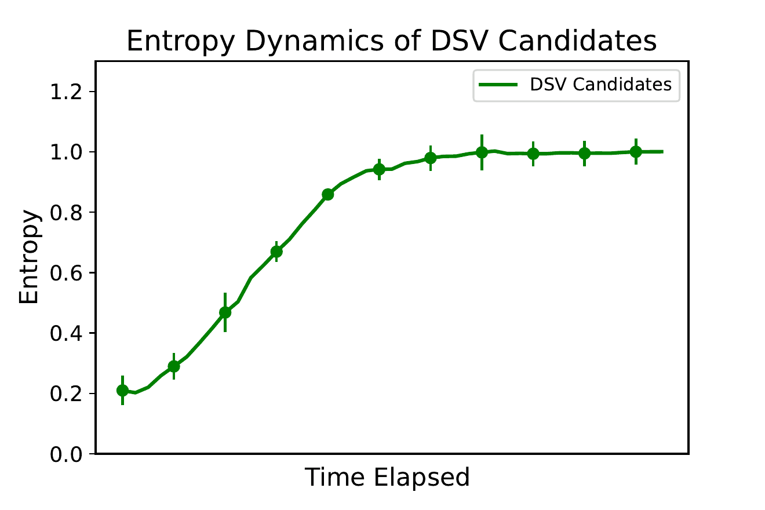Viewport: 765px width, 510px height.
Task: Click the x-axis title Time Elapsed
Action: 387,478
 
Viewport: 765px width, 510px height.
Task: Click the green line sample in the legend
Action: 498,85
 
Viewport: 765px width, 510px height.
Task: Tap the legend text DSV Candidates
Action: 600,85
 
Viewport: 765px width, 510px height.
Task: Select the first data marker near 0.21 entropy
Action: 122,391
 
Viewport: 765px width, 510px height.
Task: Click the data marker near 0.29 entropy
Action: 174,366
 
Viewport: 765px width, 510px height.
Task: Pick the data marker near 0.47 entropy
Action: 225,312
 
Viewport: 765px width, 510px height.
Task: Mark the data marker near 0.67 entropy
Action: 276,252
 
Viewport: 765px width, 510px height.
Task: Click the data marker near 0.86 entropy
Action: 328,194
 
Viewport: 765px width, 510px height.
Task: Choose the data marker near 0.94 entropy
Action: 379,169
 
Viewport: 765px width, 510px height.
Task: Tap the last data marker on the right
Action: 636,152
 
